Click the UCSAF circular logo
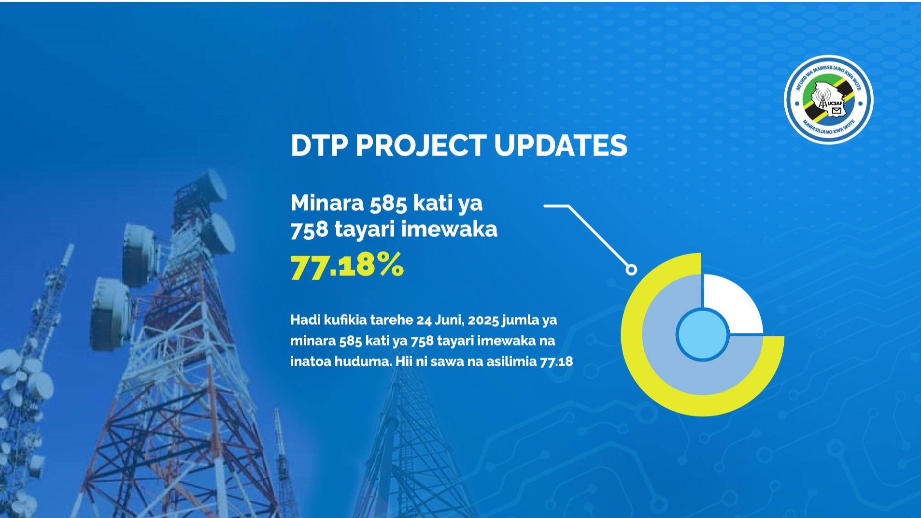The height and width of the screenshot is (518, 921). tap(829, 100)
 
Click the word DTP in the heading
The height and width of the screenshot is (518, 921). tap(319, 145)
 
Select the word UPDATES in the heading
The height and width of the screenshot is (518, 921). tap(561, 145)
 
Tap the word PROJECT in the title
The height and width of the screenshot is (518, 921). tap(421, 145)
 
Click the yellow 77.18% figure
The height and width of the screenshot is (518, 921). tap(347, 265)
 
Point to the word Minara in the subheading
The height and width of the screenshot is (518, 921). tap(327, 203)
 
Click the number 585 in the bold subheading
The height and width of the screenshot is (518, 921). tap(388, 203)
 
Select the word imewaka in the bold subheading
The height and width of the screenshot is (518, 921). tap(449, 229)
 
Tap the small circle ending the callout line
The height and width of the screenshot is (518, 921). tap(631, 270)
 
